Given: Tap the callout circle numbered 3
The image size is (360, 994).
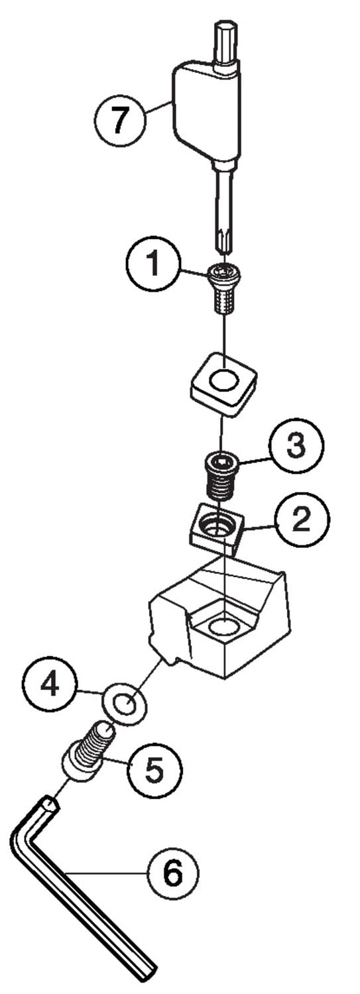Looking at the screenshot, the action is [297, 445].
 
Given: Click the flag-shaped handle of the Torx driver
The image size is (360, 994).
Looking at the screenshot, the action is [206, 111].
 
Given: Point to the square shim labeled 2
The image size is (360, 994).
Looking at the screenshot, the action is [215, 529].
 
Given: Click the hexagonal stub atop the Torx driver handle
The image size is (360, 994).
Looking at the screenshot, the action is [225, 44].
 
